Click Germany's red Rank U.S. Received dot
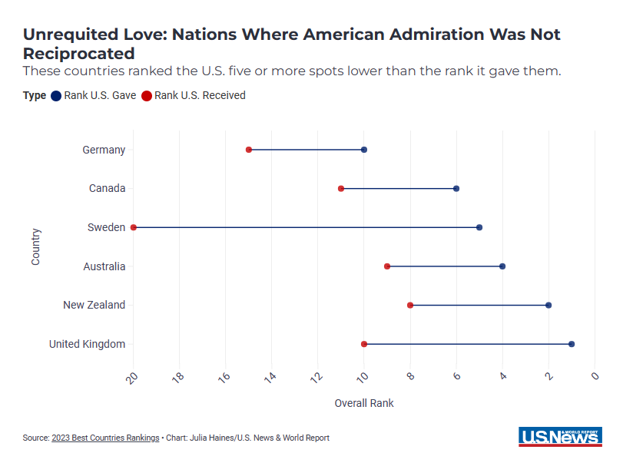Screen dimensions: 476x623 pos(249,150)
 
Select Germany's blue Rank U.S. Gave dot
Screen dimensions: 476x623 pos(364,150)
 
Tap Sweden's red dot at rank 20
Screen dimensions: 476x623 pos(134,227)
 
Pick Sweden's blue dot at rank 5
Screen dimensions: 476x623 pos(479,227)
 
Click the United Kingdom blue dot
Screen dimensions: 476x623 pos(572,344)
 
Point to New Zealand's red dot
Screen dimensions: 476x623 pos(410,306)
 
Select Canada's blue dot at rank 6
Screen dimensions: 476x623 pos(456,189)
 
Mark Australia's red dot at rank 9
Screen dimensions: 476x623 pos(387,266)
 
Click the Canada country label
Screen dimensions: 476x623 pos(107,189)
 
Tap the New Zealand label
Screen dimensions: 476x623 pos(94,306)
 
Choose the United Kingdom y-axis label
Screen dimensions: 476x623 pos(87,344)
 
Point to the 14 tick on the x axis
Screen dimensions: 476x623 pos(271,377)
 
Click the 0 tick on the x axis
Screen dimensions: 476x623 pos(595,376)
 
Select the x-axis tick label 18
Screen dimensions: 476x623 pos(178,377)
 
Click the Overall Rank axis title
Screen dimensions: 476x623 pos(364,403)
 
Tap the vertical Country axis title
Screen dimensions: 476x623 pos(36,246)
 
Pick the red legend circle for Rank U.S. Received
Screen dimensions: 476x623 pos(147,96)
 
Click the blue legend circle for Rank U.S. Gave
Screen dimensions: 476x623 pos(56,96)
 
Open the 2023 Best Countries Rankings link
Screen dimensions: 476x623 pos(105,438)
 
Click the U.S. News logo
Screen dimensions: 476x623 pos(560,437)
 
